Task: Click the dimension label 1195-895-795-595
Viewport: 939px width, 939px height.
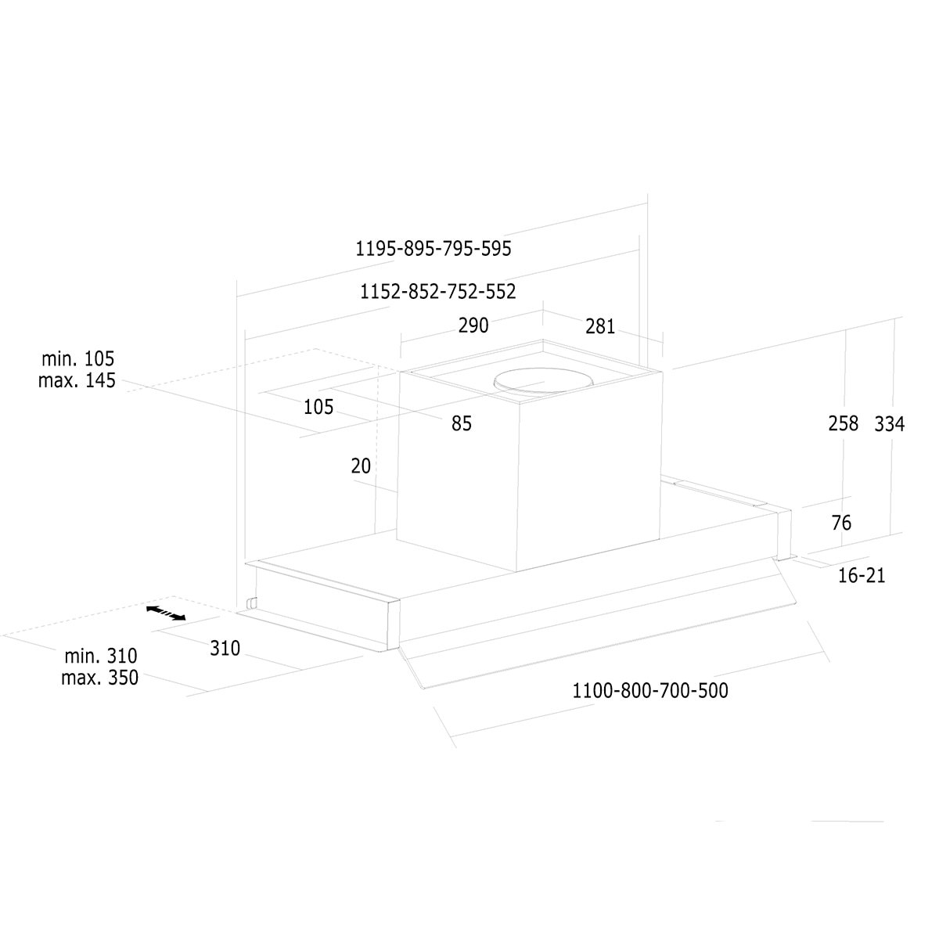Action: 434,249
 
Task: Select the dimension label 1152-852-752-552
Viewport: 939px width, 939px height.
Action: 437,291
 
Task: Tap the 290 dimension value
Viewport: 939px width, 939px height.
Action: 473,326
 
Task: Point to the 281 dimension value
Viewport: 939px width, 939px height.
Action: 600,326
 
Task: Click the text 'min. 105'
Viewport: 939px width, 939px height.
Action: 78,358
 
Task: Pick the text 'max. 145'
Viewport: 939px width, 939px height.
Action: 77,380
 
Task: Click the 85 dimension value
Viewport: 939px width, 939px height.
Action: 462,423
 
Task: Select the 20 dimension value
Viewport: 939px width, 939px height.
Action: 361,466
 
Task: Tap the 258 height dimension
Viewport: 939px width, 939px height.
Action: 844,423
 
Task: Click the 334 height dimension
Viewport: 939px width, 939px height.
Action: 889,424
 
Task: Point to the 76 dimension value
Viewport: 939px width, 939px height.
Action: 841,523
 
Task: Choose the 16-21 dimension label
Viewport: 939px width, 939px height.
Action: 862,575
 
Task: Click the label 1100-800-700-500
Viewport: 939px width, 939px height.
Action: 650,690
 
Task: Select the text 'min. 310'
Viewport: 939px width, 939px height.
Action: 101,656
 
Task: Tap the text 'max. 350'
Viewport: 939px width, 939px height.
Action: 100,678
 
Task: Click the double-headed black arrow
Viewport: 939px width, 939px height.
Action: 166,613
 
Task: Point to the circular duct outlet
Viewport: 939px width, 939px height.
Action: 544,380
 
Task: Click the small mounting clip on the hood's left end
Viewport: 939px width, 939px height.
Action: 251,603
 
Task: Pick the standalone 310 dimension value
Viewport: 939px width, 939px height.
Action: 225,648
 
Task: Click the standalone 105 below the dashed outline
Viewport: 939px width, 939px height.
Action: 318,407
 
